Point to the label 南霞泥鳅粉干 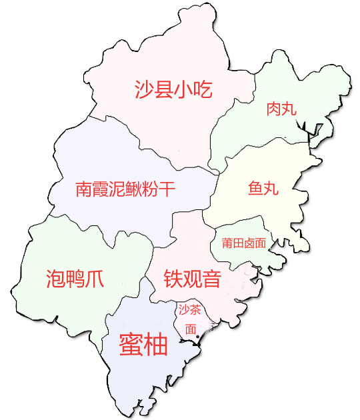pos(125,189)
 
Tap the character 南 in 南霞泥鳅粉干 pos(84,189)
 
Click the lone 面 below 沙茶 pos(191,329)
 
